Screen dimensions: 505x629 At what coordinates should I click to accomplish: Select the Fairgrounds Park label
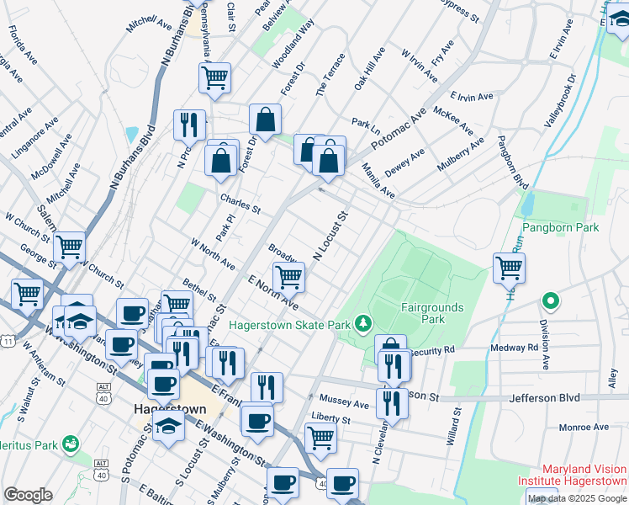433,313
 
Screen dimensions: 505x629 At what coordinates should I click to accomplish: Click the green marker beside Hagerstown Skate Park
362,322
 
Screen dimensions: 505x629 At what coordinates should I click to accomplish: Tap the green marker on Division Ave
551,300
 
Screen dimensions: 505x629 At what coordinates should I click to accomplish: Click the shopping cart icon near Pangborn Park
509,268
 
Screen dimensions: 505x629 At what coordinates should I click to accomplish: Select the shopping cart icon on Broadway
288,276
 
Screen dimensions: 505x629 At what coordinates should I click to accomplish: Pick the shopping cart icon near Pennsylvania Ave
214,78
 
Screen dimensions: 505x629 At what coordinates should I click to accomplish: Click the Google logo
28,495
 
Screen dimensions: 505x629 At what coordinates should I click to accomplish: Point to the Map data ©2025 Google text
577,498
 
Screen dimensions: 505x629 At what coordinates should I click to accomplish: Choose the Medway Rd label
520,347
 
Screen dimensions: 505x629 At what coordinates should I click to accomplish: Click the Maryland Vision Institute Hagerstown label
584,476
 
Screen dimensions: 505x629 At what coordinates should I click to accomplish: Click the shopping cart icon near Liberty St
320,438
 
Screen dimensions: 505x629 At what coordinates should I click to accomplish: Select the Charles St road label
240,204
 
